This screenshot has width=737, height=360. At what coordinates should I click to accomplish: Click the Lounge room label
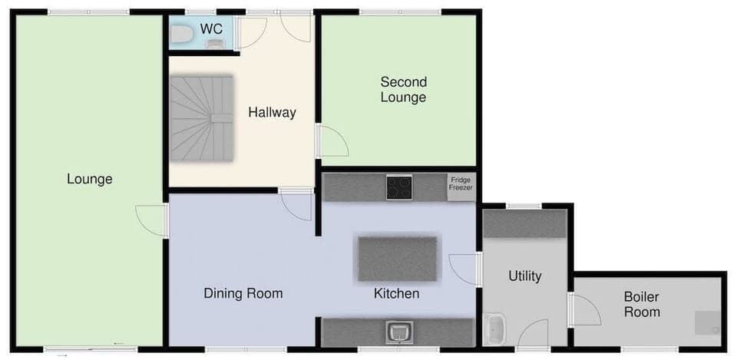coord(89,180)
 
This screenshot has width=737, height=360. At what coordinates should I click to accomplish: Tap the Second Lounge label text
coord(403,90)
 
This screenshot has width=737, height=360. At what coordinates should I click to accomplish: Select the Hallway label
coord(272,113)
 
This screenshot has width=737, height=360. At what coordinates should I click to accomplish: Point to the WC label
coord(211,29)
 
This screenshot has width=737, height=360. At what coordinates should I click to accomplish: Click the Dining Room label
coord(243,293)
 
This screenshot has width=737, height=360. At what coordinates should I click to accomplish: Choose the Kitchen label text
coord(396,293)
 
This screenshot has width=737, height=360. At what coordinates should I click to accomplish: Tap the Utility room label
coord(525,276)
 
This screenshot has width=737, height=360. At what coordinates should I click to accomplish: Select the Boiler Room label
coord(641,305)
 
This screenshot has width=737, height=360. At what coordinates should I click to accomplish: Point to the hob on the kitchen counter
coord(398,187)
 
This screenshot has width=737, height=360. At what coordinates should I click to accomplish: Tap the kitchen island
coord(397,259)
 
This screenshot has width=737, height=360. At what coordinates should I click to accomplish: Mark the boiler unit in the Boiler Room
coord(708,323)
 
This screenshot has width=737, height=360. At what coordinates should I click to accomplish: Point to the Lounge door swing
coord(152,220)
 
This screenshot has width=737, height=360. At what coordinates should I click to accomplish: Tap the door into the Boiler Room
coord(585,309)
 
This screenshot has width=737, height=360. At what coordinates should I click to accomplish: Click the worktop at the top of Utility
coord(524,223)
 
